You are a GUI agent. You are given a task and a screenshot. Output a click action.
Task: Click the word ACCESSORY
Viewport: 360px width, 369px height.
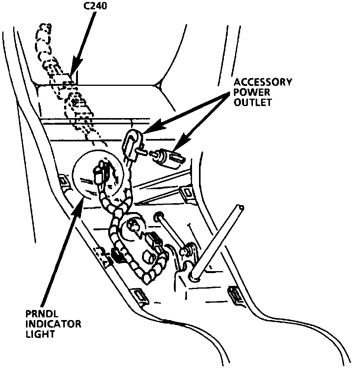coord(262,82)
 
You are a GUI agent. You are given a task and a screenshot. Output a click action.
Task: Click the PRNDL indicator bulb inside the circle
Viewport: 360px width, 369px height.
coord(100,174)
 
